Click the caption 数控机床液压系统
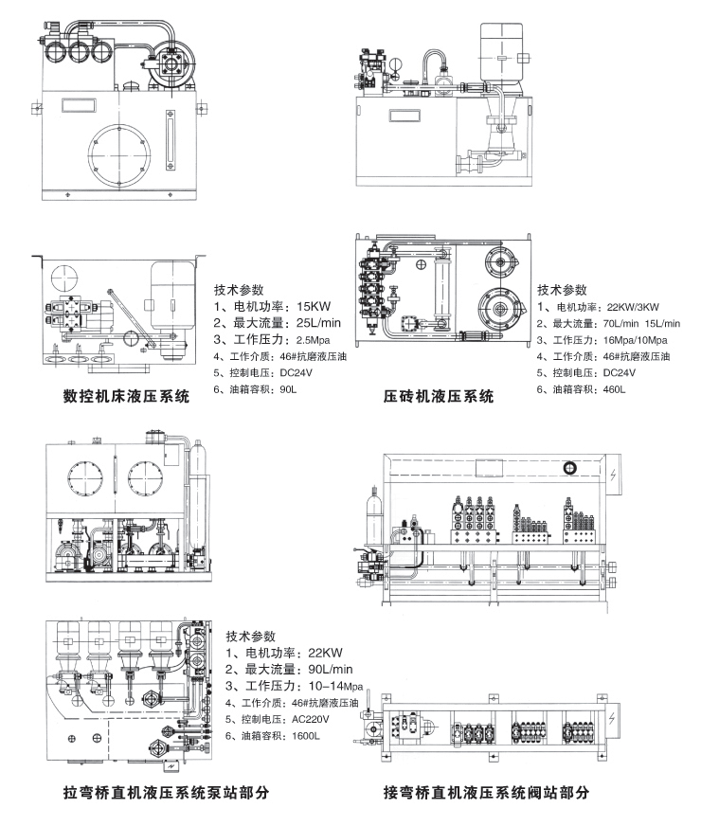click(x=126, y=399)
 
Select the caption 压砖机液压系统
click(x=439, y=398)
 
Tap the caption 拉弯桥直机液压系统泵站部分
click(x=166, y=792)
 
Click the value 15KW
click(x=313, y=307)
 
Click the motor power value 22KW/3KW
click(x=634, y=307)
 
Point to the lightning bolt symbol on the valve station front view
click(x=617, y=475)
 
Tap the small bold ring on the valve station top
click(x=570, y=466)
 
